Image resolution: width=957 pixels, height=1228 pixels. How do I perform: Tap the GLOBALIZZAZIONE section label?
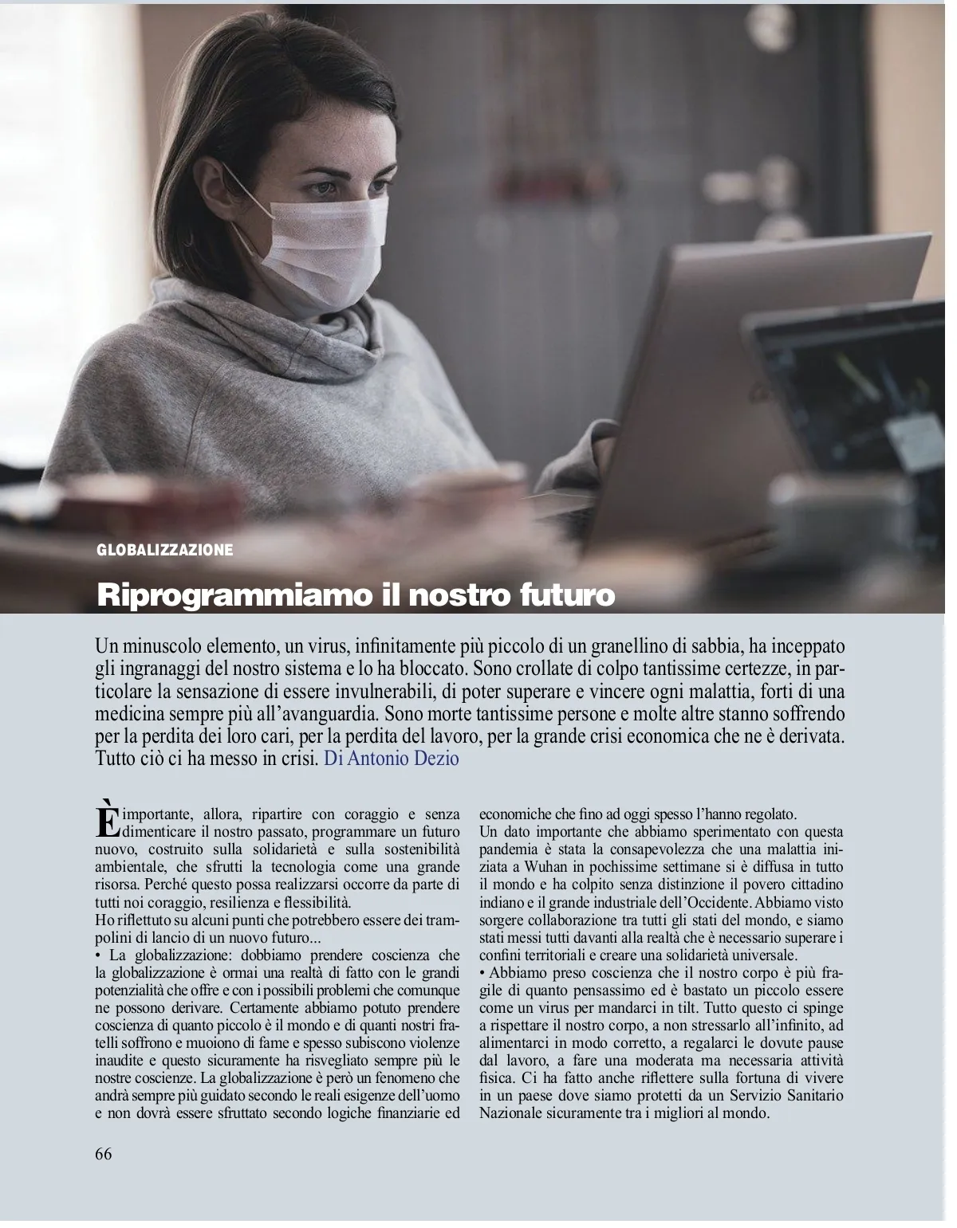tap(165, 550)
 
